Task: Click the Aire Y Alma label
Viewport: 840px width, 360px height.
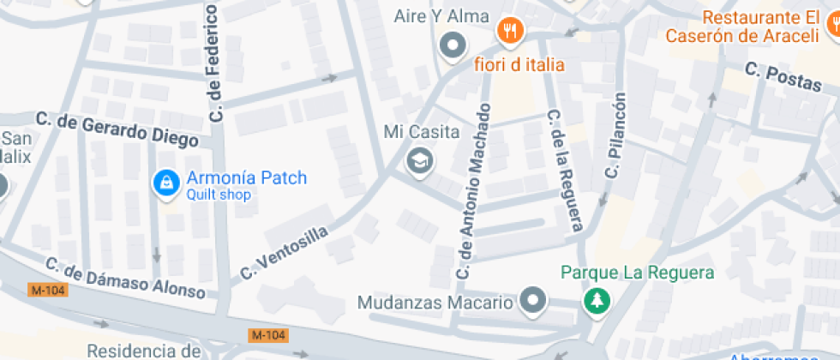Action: point(441,16)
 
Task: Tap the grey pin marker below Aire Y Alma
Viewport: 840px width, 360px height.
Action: point(452,45)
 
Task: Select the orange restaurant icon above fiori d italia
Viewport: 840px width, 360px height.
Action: point(511,32)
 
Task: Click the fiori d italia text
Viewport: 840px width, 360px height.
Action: point(520,64)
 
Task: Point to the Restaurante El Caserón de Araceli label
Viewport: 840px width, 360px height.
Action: point(760,27)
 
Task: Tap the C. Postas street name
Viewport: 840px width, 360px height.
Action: point(783,76)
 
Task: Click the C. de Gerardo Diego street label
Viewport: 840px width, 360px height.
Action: point(117,129)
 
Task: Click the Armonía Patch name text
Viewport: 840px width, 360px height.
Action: point(245,179)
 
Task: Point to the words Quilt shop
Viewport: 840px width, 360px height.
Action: point(218,195)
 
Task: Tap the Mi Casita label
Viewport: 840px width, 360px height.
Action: point(422,133)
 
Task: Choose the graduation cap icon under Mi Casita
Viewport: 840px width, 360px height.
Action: point(419,159)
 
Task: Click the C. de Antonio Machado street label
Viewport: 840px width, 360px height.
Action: point(475,190)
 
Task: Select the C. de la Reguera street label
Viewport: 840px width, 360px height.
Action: point(565,169)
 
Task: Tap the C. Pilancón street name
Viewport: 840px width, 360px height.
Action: point(615,135)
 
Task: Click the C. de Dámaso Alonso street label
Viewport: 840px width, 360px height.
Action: point(125,278)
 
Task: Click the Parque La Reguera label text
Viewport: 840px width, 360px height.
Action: point(637,273)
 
